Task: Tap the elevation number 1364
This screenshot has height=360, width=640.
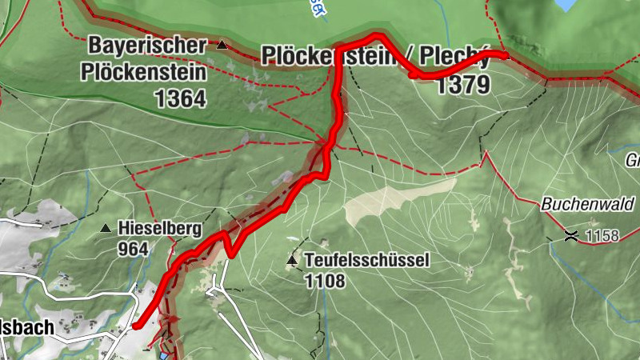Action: click(182, 99)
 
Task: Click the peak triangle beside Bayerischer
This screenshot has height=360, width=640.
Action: click(222, 46)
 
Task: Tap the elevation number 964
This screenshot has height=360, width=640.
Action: click(133, 249)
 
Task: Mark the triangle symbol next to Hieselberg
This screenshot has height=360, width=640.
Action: click(106, 229)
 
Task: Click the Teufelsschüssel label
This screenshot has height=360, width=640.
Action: click(367, 260)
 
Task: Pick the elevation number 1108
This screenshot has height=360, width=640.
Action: click(324, 281)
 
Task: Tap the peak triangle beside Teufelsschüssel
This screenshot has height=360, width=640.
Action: click(292, 260)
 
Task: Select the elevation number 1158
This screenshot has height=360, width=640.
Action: click(602, 236)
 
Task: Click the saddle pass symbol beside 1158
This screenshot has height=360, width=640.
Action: click(571, 235)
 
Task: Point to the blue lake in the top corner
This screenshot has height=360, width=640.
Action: click(566, 5)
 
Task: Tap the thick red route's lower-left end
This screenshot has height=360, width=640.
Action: click(136, 326)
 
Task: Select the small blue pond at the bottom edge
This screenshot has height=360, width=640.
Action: click(165, 355)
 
